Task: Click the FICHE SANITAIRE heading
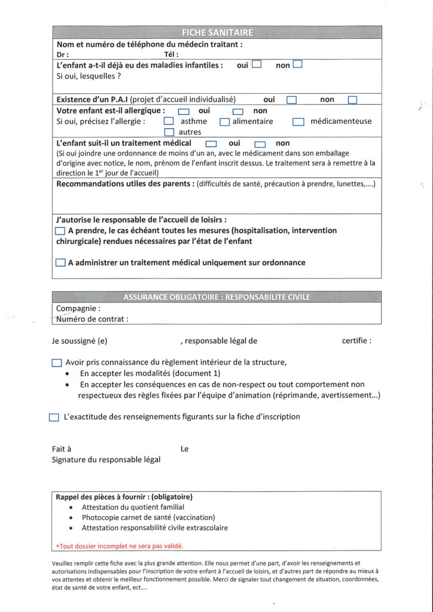(216, 32)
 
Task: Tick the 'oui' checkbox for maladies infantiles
(257, 65)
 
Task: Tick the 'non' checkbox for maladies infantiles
(297, 65)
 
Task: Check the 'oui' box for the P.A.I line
(291, 100)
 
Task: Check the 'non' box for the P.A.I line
(352, 100)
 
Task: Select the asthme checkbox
(169, 122)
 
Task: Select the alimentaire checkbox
(225, 122)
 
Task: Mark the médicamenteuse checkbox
(298, 122)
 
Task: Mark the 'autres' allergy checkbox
(169, 132)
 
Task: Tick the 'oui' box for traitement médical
(211, 144)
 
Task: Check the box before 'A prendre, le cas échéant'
(60, 231)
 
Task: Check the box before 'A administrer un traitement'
(60, 262)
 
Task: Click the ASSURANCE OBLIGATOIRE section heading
(216, 296)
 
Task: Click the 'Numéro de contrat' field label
(92, 319)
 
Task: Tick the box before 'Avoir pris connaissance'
(57, 362)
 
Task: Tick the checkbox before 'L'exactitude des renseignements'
(54, 417)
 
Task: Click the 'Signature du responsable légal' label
(106, 459)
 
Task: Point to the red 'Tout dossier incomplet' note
(120, 546)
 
